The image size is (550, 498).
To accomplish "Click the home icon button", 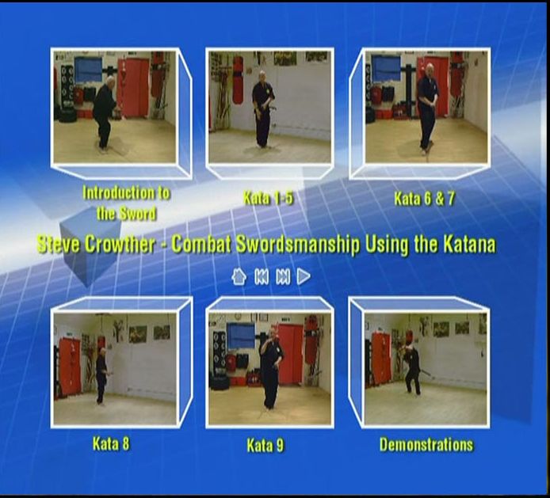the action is (239, 276).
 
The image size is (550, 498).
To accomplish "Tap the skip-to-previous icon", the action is (262, 277).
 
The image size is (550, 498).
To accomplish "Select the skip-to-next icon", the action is (283, 277).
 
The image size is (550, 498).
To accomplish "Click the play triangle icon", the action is (304, 276).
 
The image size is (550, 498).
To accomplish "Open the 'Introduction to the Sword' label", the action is (126, 203).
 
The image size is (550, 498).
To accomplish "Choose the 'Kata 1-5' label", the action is (269, 199).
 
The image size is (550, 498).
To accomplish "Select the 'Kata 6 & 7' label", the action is (425, 199).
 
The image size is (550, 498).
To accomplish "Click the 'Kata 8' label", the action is (111, 443).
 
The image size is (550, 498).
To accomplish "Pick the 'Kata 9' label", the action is (265, 446).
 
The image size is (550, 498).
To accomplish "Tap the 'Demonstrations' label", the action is (426, 445).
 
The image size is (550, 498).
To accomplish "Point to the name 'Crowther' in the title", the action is (120, 245).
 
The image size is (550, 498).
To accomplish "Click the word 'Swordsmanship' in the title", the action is (298, 245).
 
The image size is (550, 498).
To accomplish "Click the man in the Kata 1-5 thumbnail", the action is (263, 108).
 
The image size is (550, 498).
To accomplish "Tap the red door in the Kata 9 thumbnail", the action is (290, 354).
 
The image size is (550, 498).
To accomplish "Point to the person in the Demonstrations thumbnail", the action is (412, 363).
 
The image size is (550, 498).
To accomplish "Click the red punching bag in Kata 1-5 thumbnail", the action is (238, 80).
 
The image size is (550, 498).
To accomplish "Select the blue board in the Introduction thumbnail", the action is (88, 70).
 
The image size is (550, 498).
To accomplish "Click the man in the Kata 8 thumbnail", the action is (101, 376).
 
